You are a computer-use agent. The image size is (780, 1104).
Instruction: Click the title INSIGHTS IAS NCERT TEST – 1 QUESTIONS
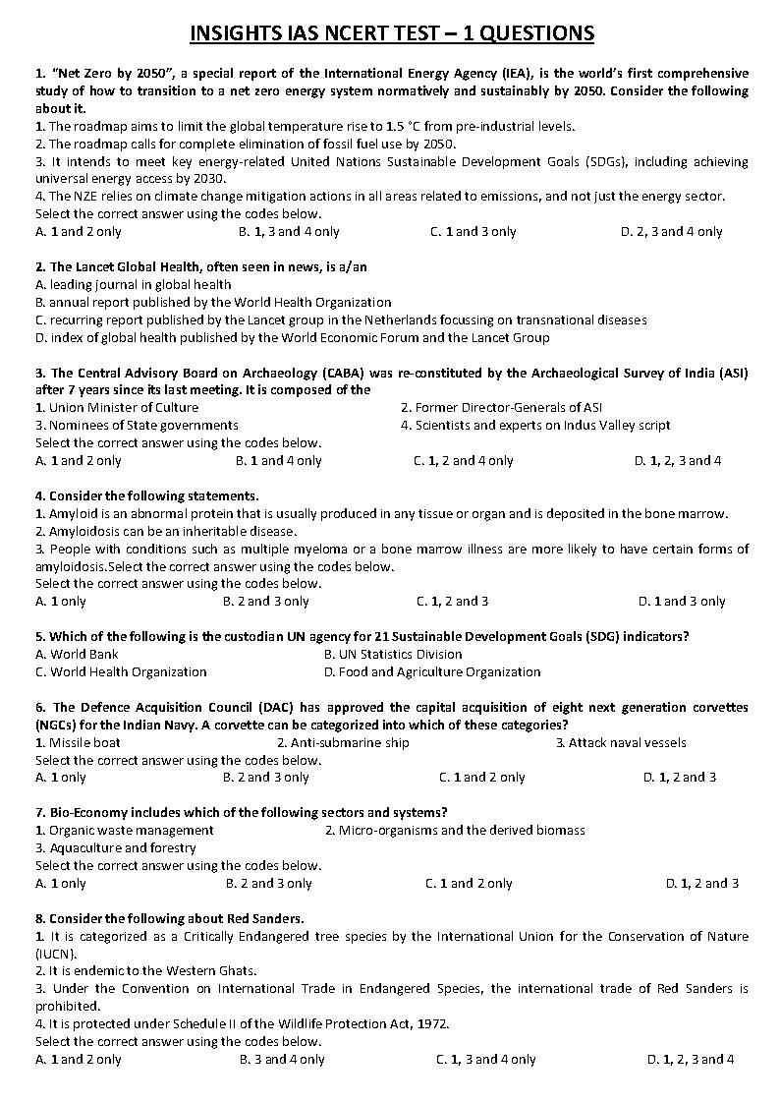pos(391,33)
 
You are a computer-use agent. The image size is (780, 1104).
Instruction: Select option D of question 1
pos(671,232)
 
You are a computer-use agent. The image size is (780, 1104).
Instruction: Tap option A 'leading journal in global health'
pos(134,285)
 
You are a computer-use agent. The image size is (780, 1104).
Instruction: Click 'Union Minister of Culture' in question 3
pos(117,407)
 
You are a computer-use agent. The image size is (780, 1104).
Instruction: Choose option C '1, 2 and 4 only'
pos(463,460)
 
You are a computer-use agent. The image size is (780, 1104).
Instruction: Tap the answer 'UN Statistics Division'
pos(393,655)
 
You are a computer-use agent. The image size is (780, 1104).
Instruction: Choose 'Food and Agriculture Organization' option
pos(432,672)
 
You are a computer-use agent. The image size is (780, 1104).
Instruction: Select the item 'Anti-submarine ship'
pos(343,743)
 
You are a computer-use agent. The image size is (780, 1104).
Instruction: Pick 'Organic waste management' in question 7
pos(124,831)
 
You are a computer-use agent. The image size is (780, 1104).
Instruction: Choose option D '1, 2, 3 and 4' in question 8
pos(691,1060)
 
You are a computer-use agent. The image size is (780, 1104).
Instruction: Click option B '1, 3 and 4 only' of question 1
pos(289,232)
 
